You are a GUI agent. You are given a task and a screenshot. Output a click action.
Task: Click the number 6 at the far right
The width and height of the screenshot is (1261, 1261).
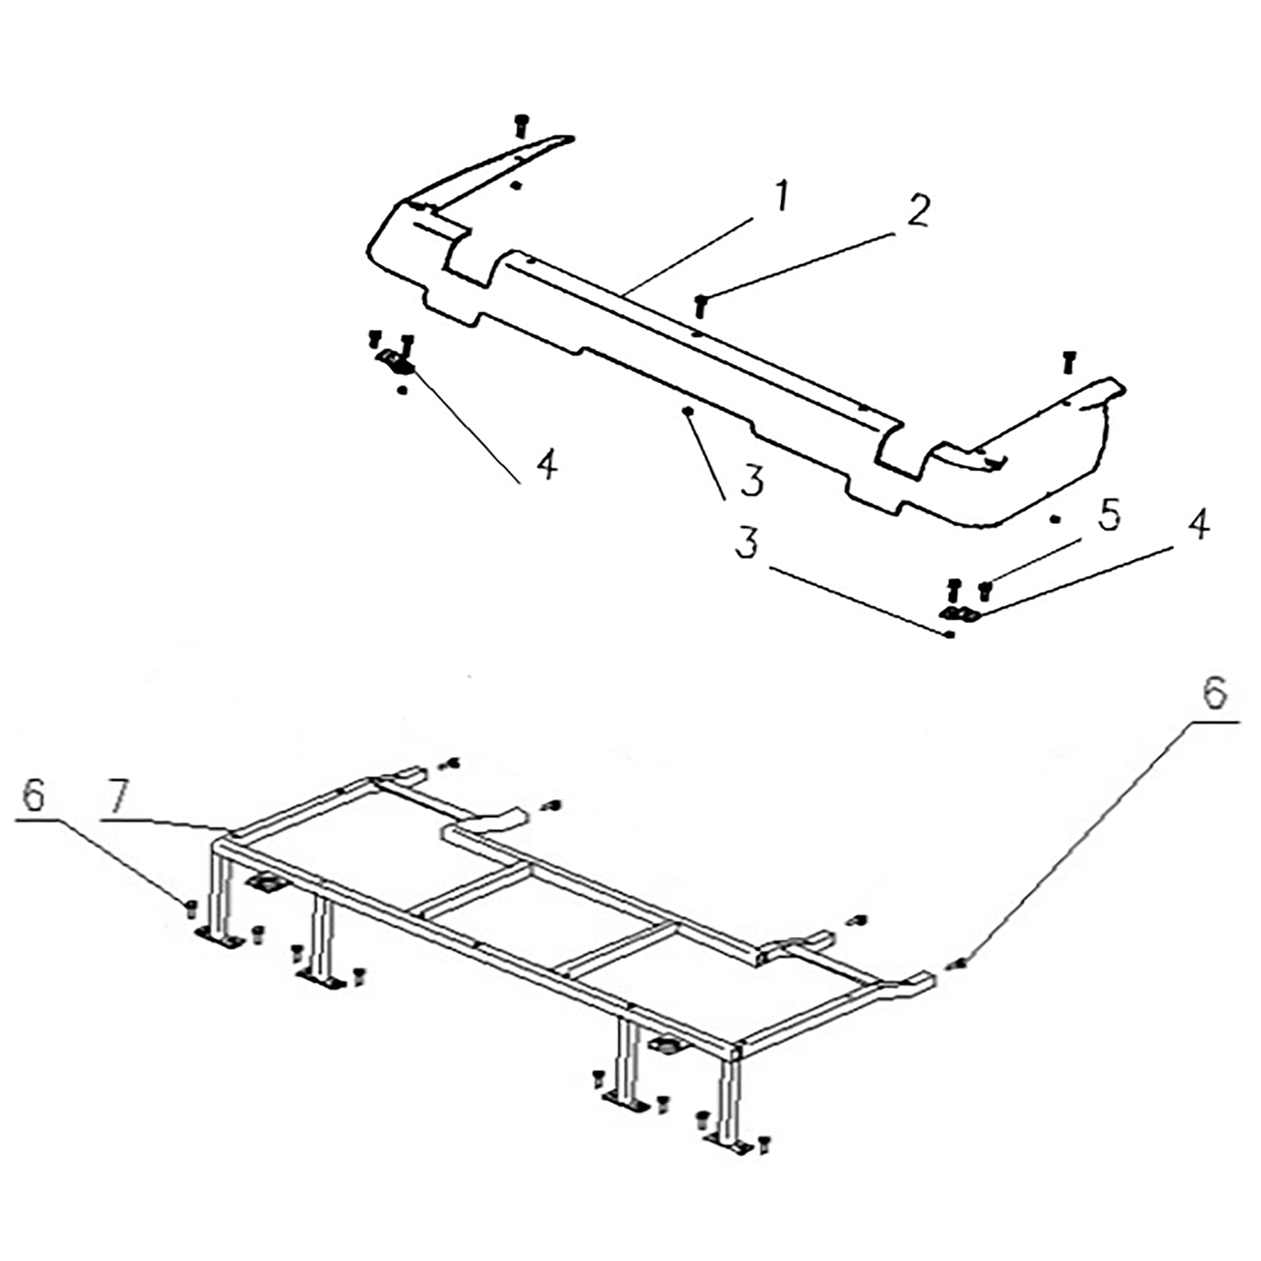[1214, 694]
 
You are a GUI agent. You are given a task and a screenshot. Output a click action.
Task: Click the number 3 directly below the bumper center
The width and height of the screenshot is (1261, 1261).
[752, 481]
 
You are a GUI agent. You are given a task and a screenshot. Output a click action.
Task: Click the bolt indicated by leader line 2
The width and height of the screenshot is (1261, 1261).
[701, 305]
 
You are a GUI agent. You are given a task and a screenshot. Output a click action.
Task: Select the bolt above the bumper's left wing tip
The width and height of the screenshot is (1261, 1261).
[521, 125]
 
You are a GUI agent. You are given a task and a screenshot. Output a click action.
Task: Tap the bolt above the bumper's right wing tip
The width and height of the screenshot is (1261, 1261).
[1069, 363]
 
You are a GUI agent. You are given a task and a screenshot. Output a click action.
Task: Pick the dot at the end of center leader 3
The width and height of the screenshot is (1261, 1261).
[687, 410]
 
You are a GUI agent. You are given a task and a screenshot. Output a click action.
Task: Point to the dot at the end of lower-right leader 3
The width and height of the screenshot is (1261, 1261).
[951, 634]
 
